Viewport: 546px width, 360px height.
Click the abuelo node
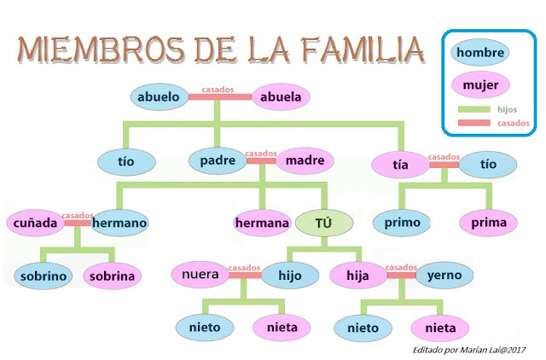159,96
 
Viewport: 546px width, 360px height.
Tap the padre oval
218,160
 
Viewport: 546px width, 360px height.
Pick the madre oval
305,160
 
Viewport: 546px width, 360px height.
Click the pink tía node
400,165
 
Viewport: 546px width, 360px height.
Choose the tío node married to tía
488,164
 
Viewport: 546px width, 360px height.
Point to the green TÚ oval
322,224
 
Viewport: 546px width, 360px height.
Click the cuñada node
35,224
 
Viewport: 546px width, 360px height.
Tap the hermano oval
119,224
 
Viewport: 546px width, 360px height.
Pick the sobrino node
43,276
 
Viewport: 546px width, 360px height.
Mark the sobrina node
113,276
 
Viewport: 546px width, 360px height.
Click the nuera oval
202,275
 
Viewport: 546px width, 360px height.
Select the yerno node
444,275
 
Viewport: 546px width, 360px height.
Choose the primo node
402,223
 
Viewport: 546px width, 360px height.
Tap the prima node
489,223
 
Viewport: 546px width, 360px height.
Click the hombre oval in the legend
480,52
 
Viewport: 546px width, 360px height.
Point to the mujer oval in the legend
480,85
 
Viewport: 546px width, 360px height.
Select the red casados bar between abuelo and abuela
220,96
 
